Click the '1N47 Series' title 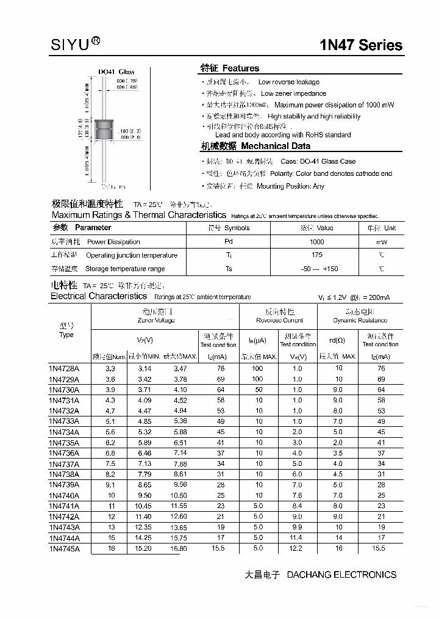pyautogui.click(x=361, y=45)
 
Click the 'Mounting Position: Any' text pyautogui.click(x=290, y=186)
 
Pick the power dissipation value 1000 pyautogui.click(x=317, y=242)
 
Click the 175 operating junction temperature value pyautogui.click(x=317, y=255)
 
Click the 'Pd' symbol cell pyautogui.click(x=229, y=242)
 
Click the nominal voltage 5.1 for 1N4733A pyautogui.click(x=110, y=421)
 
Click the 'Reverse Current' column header pyautogui.click(x=279, y=320)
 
